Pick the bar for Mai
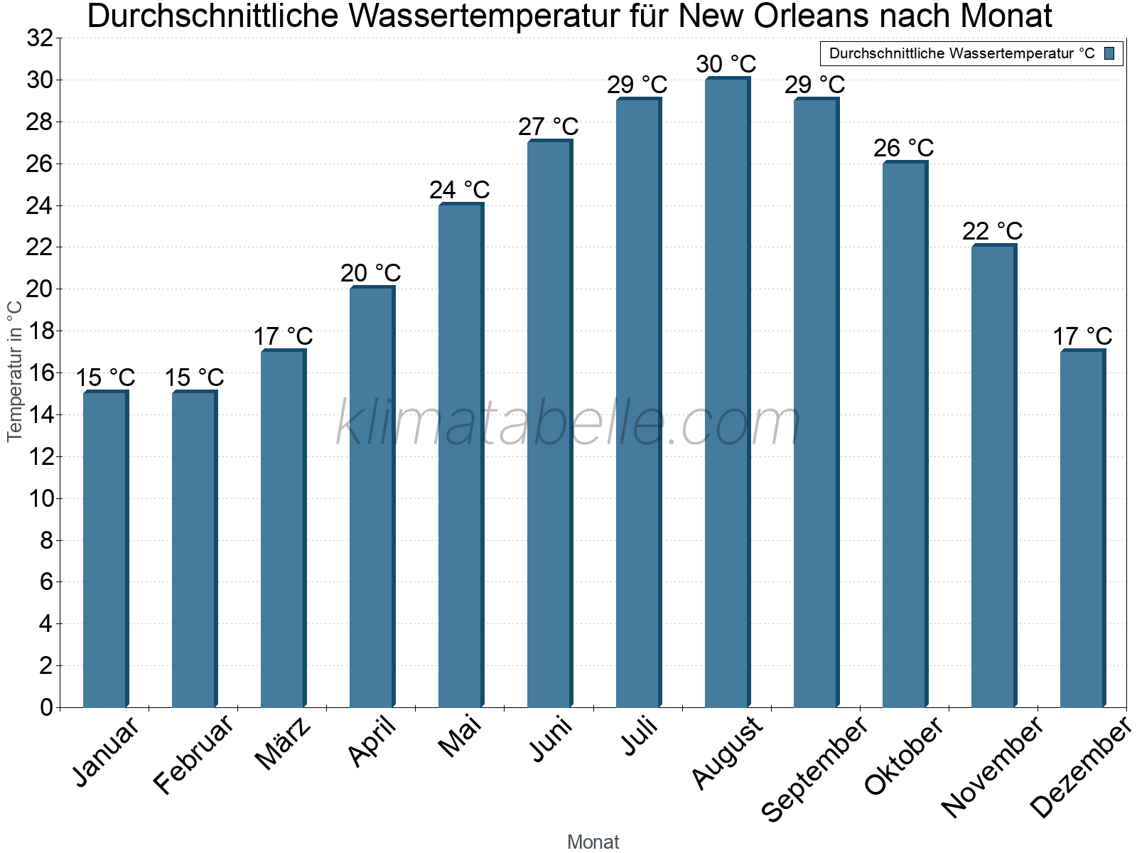coord(460,455)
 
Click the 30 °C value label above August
coord(726,64)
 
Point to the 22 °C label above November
coord(993,231)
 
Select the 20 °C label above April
coord(371,273)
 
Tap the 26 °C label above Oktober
coord(904,148)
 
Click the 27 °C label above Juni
coord(549,127)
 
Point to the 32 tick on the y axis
coord(40,38)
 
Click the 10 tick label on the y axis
coord(41,498)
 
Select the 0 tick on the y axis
coord(47,707)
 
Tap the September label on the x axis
coord(814,768)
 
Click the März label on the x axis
coord(283,744)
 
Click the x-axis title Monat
coord(593,842)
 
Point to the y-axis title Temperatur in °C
coord(15,370)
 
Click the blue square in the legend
coord(1109,53)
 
